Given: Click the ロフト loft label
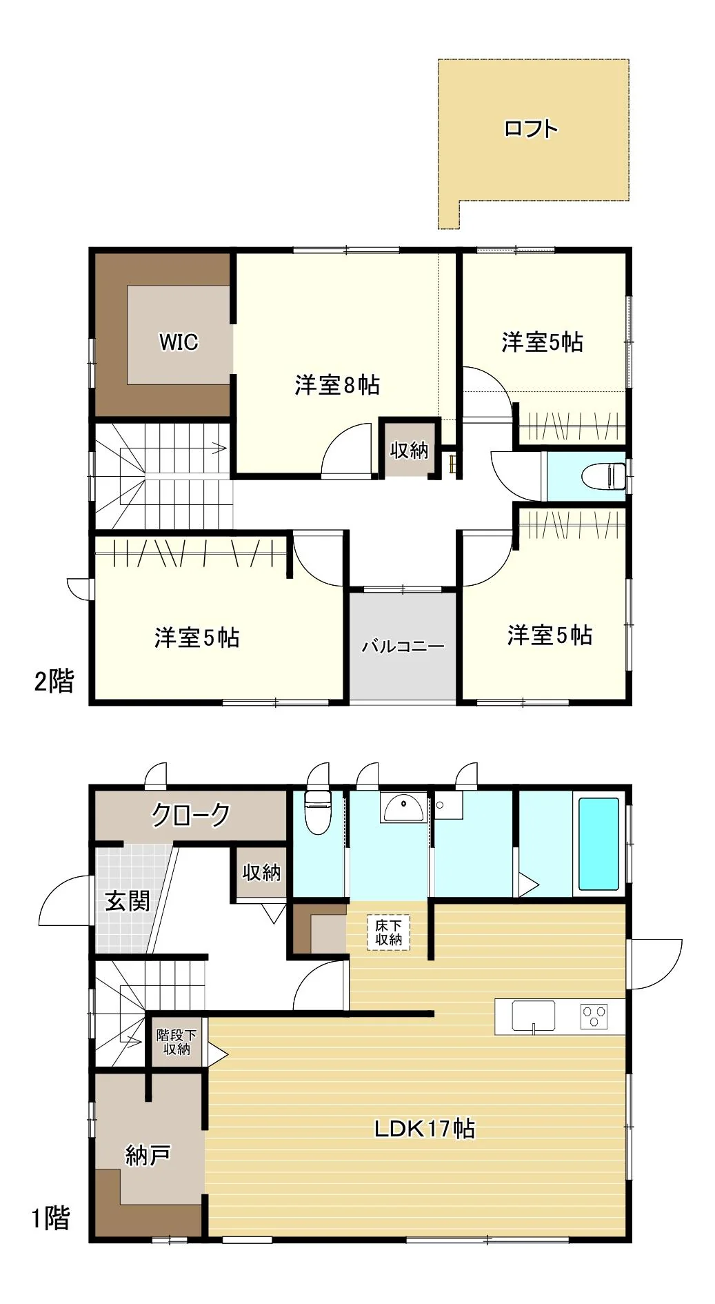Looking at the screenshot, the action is pyautogui.click(x=530, y=128).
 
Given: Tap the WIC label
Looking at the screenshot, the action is pyautogui.click(x=179, y=342).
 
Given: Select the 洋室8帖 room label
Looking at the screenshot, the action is pyautogui.click(x=337, y=384).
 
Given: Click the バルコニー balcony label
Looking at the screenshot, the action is pyautogui.click(x=403, y=646).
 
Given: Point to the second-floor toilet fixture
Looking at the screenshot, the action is pyautogui.click(x=603, y=475).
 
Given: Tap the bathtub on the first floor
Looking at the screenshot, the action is pyautogui.click(x=598, y=844).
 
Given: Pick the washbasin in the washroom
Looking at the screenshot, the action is pyautogui.click(x=403, y=807).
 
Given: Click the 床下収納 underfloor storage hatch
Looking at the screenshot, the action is pyautogui.click(x=389, y=932).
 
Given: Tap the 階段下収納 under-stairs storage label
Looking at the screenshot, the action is pyautogui.click(x=177, y=1042).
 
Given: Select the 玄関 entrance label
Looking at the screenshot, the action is pyautogui.click(x=127, y=901).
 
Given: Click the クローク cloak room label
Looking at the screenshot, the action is pyautogui.click(x=191, y=815).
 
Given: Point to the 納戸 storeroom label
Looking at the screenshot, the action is pyautogui.click(x=148, y=1154).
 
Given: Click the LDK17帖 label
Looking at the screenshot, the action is pyautogui.click(x=425, y=1129).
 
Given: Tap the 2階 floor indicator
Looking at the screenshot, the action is pyautogui.click(x=54, y=682).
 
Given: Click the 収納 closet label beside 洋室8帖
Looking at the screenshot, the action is pyautogui.click(x=410, y=450).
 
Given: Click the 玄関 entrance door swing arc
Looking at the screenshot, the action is pyautogui.click(x=54, y=890).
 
